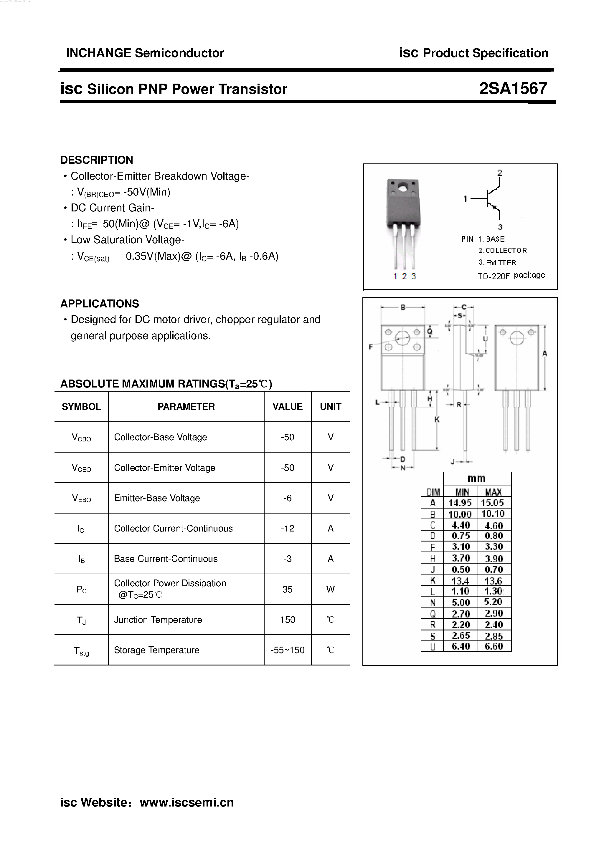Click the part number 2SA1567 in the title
(513, 89)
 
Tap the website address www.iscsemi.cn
(187, 802)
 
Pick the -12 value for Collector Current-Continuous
(288, 528)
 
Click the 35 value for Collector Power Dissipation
(288, 589)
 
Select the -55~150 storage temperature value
(288, 650)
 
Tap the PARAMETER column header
(186, 407)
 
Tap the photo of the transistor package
(403, 221)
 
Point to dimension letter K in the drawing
(437, 420)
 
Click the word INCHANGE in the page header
(99, 53)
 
